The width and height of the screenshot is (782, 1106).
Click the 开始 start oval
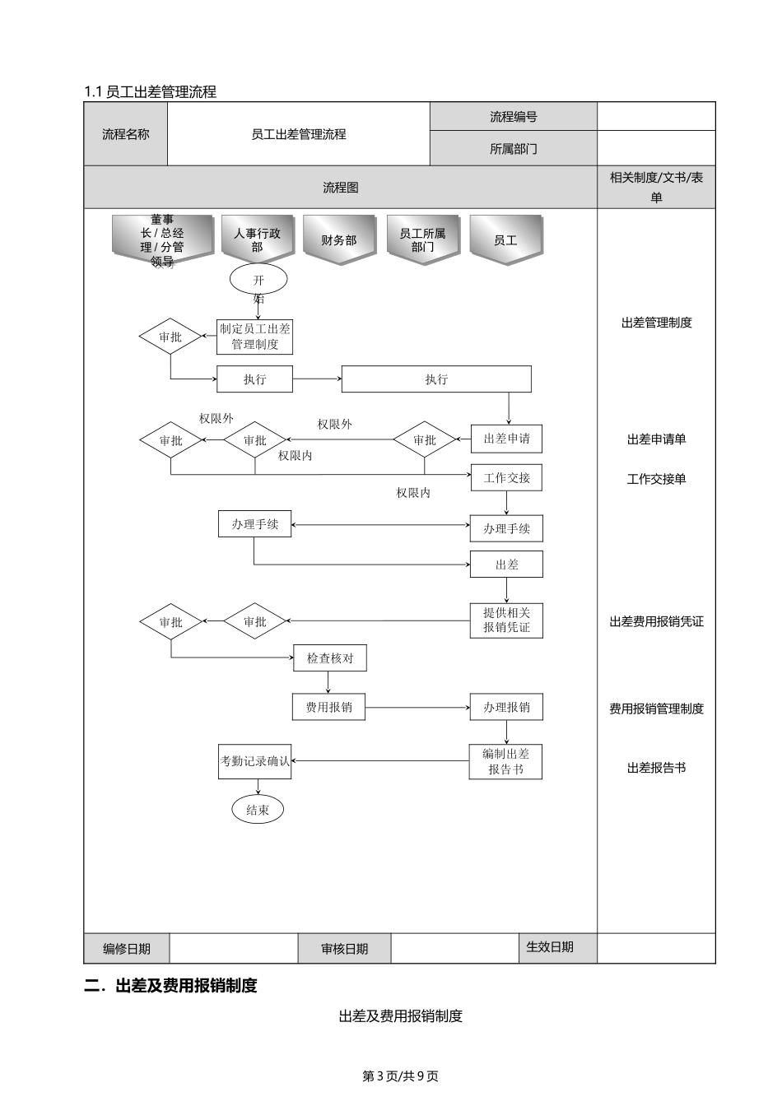point(258,280)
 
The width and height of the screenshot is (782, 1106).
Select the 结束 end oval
point(258,810)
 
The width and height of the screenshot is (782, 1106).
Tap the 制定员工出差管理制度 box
point(255,337)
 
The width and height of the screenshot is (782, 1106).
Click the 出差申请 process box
point(506,439)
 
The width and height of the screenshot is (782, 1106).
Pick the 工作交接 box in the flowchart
point(506,478)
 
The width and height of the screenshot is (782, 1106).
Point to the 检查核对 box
point(329,658)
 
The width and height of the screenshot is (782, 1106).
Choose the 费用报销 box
point(328,707)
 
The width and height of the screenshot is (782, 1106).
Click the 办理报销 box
point(506,707)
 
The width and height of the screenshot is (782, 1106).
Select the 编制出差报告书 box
point(506,762)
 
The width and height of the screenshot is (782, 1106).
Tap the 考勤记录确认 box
point(255,762)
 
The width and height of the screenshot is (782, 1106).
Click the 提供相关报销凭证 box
point(506,620)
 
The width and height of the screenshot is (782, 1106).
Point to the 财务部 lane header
point(339,240)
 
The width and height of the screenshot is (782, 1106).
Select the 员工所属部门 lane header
point(422,240)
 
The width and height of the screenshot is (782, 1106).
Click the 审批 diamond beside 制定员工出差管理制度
point(170,337)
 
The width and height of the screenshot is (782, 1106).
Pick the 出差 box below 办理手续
point(506,565)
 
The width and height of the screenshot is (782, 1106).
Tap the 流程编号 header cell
point(513,117)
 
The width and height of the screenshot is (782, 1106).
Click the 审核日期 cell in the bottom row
point(344,949)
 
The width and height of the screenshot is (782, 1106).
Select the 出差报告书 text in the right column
point(656,768)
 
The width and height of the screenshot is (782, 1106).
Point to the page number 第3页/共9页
point(401,1076)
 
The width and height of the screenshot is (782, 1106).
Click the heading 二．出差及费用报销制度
point(171,985)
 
